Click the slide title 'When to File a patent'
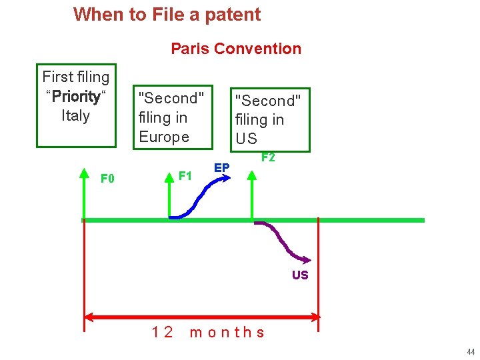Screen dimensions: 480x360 (x=167, y=14)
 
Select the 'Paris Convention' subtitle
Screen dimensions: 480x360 (x=236, y=49)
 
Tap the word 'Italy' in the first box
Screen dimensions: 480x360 (x=75, y=115)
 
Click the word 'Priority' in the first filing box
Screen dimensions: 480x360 (x=76, y=97)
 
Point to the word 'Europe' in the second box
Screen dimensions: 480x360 (x=164, y=137)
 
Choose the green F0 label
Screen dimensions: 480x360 (x=107, y=178)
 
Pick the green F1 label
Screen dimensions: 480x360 (x=186, y=176)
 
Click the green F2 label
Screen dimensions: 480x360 (x=268, y=158)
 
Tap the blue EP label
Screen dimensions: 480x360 (x=222, y=167)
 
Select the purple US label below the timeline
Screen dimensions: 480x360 (x=300, y=275)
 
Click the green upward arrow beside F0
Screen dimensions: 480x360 (x=84, y=193)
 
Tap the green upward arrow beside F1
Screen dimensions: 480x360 (x=169, y=193)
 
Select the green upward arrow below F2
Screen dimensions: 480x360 (x=251, y=193)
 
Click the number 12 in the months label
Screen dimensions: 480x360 (x=163, y=332)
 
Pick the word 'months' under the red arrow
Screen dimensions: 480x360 (x=227, y=332)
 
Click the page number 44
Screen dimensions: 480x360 (x=471, y=351)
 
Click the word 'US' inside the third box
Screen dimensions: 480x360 (x=246, y=139)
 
